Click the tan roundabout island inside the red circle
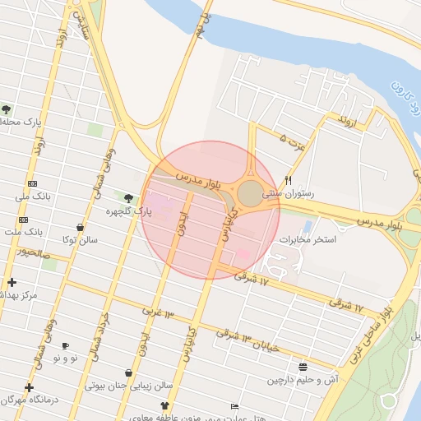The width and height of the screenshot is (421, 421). (249, 194)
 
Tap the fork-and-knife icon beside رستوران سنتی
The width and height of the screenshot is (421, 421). (288, 180)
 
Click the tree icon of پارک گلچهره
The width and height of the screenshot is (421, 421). (128, 198)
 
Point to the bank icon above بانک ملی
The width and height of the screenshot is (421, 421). (32, 183)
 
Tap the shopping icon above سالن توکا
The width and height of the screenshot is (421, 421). (80, 227)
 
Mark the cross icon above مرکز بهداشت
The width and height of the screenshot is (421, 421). (11, 282)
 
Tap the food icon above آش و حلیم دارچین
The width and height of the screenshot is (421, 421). (303, 367)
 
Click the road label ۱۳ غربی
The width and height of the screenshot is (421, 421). (159, 312)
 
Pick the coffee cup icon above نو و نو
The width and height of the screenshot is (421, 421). (66, 346)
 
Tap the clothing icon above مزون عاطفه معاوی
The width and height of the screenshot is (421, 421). (164, 405)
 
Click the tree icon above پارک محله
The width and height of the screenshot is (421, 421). (7, 109)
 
